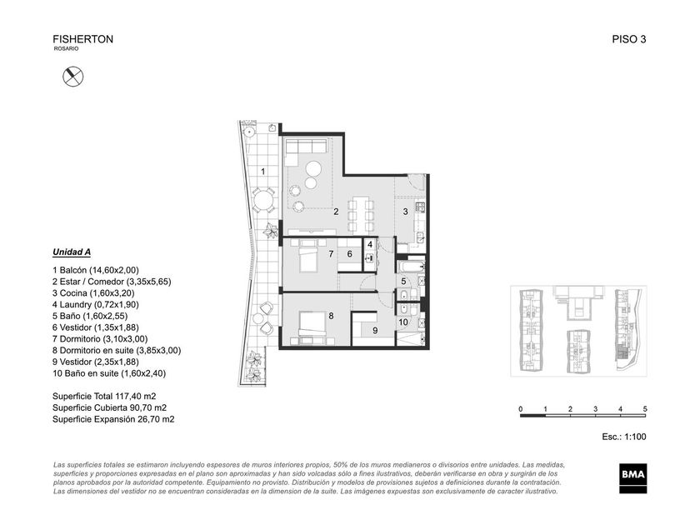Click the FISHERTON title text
point(83,39)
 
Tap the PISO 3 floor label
point(629,39)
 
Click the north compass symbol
point(72,77)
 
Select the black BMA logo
point(633,478)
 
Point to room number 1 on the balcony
point(263,172)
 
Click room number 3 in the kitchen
point(405,212)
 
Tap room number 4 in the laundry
point(370,245)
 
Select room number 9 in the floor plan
point(375,330)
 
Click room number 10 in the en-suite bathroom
point(403,322)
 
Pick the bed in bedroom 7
point(308,255)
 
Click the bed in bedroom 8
point(312,325)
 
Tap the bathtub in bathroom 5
point(411,267)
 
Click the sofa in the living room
point(306,147)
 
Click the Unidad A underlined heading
point(72,252)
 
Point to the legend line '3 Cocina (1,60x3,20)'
point(93,293)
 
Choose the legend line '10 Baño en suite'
point(109,373)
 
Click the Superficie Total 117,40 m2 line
point(104,397)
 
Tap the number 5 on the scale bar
point(645,409)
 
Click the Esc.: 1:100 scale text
point(623,437)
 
